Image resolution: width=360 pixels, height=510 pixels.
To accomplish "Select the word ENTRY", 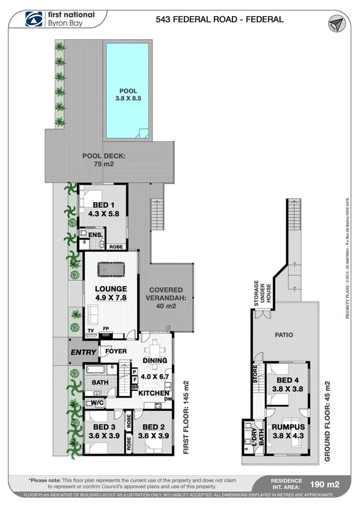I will pyautogui.click(x=84, y=352).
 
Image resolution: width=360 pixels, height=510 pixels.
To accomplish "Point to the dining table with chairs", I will pyautogui.click(x=155, y=348).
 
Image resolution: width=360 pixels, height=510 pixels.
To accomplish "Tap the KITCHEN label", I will pyautogui.click(x=153, y=393).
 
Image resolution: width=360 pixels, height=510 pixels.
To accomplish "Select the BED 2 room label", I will pyautogui.click(x=153, y=431).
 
